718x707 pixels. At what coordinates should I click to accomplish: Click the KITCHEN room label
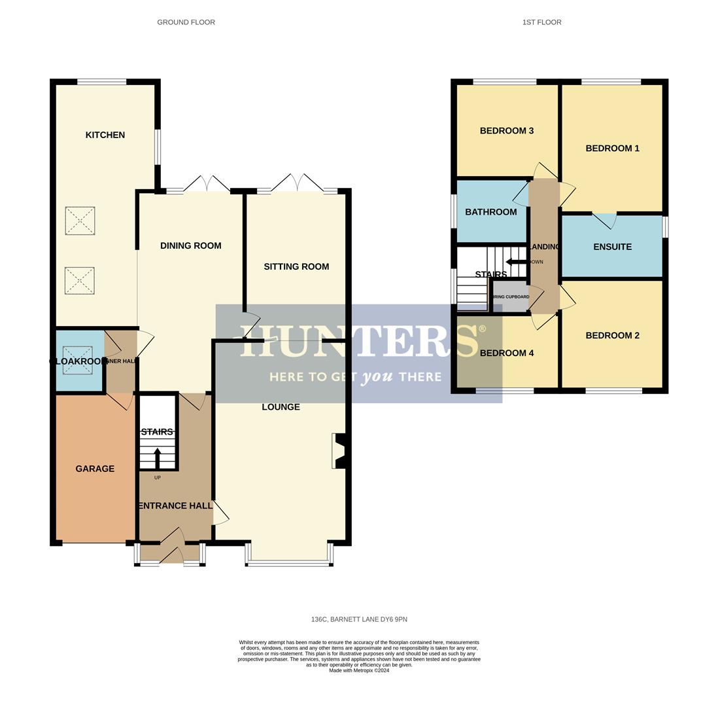click(x=105, y=135)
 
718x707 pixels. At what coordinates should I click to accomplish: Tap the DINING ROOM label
click(x=190, y=245)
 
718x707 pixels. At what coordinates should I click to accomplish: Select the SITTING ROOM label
click(x=296, y=266)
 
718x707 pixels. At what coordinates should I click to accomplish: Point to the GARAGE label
click(x=95, y=469)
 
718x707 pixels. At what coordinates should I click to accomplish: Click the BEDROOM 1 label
click(x=612, y=148)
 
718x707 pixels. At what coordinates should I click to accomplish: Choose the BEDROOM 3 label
click(x=506, y=131)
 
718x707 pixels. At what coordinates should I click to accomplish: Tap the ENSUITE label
click(x=612, y=247)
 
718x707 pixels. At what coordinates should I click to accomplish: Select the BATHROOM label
click(x=490, y=212)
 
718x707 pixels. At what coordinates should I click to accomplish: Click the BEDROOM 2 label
click(x=612, y=335)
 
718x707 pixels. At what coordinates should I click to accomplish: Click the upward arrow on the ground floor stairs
click(x=157, y=457)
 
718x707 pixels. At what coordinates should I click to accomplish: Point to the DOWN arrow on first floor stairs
click(x=516, y=262)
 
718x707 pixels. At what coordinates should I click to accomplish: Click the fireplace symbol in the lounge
click(x=339, y=452)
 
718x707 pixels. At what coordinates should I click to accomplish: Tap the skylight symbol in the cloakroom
click(x=77, y=360)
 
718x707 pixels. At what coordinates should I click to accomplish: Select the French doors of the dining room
click(x=207, y=185)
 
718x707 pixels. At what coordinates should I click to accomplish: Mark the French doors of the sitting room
click(x=298, y=183)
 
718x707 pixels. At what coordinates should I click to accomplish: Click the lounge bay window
click(x=289, y=562)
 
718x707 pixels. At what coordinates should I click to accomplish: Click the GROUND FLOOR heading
click(x=186, y=22)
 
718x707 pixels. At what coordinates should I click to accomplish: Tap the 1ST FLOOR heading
click(x=541, y=22)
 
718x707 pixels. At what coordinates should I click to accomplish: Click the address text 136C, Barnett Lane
click(x=359, y=619)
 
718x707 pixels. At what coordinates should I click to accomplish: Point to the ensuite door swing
click(x=604, y=220)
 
